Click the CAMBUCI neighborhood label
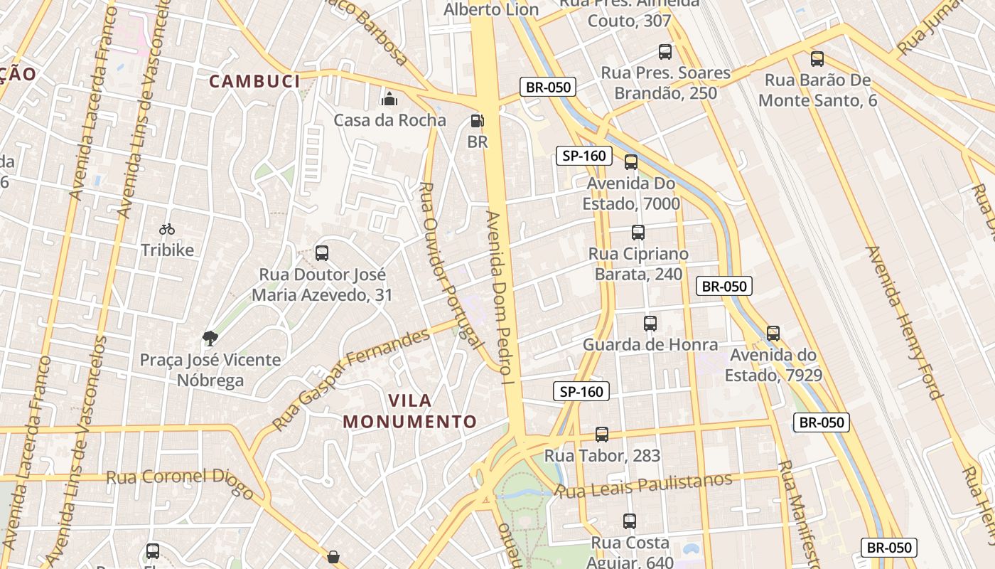[254, 82]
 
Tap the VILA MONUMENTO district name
[410, 411]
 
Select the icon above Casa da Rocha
[389, 98]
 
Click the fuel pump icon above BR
[478, 121]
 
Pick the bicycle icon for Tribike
[167, 229]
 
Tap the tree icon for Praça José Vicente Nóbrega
[210, 338]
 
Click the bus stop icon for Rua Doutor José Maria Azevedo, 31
[322, 253]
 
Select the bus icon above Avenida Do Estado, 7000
[630, 162]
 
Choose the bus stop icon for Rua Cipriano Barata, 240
[638, 233]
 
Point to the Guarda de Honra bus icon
[650, 324]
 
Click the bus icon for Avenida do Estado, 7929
[773, 333]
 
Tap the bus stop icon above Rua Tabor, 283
[602, 435]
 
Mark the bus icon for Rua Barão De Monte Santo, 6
[817, 59]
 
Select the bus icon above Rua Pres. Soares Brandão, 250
[665, 52]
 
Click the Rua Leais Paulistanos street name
[644, 486]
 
